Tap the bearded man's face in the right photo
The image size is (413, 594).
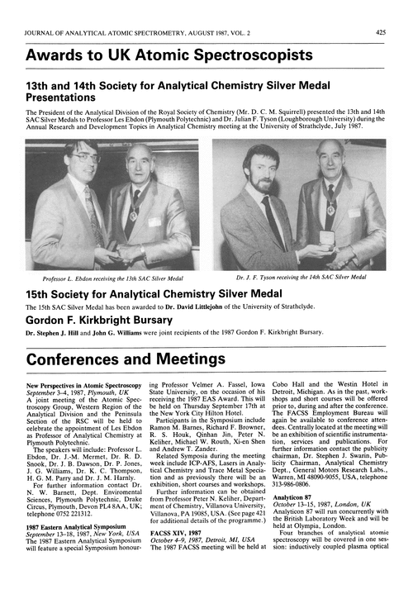263,170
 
